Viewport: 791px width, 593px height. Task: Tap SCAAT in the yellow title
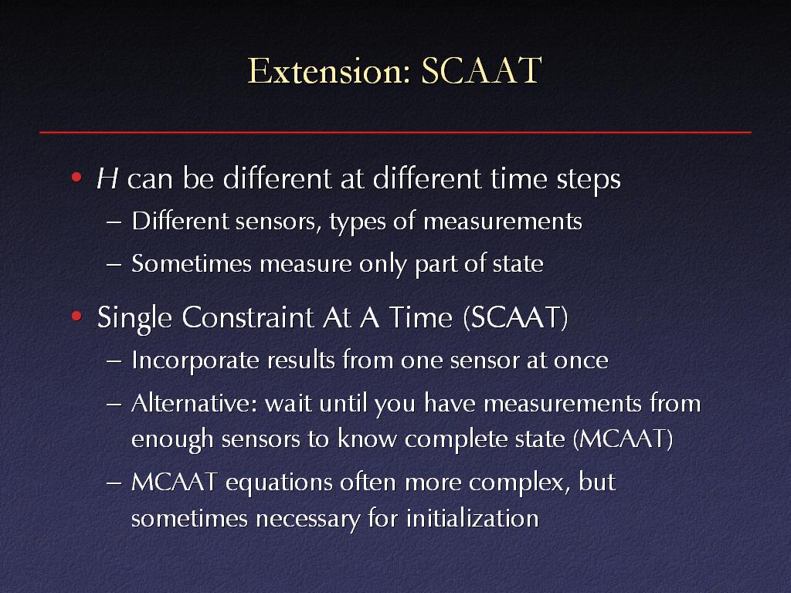tap(482, 70)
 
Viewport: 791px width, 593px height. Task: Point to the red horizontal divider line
tap(395, 132)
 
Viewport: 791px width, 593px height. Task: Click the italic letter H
tap(107, 178)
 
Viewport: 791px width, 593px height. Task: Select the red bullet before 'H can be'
tap(76, 177)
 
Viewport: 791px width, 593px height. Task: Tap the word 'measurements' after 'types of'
tap(502, 222)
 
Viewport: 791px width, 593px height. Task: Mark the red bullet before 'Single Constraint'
tap(76, 316)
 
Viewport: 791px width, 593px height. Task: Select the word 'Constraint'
tap(248, 317)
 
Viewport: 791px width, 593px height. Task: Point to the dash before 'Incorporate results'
tap(114, 362)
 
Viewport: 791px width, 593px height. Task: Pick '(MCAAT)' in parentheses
tap(623, 439)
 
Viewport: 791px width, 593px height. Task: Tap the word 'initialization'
tap(473, 518)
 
